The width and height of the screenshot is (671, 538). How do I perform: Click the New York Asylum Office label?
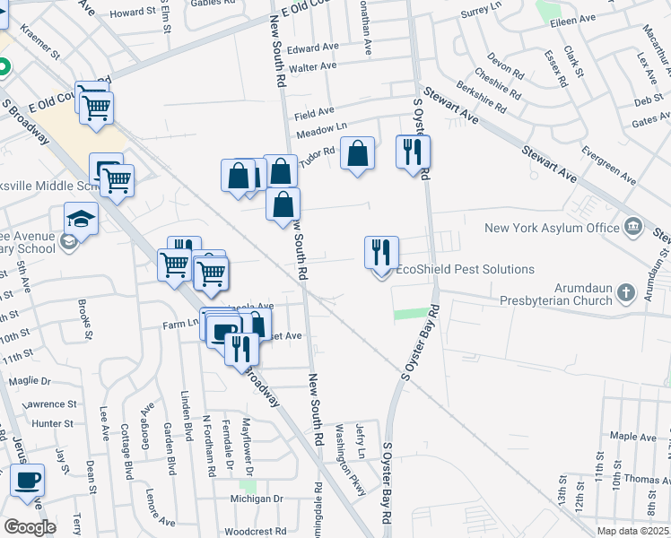click(x=552, y=228)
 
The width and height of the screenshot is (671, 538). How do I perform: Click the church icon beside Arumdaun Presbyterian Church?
click(x=626, y=292)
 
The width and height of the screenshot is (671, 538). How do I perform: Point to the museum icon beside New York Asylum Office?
click(x=633, y=226)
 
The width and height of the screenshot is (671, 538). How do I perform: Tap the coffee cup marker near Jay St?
click(x=27, y=479)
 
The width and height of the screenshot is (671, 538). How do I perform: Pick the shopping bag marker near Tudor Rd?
click(x=357, y=153)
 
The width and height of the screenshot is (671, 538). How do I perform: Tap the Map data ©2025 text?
click(x=632, y=531)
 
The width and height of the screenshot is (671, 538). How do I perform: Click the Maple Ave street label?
click(x=635, y=437)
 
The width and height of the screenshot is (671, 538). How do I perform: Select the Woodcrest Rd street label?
click(x=255, y=531)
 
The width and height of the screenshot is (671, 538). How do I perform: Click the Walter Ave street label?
click(x=313, y=66)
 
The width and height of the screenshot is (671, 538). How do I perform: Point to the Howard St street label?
click(x=133, y=13)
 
